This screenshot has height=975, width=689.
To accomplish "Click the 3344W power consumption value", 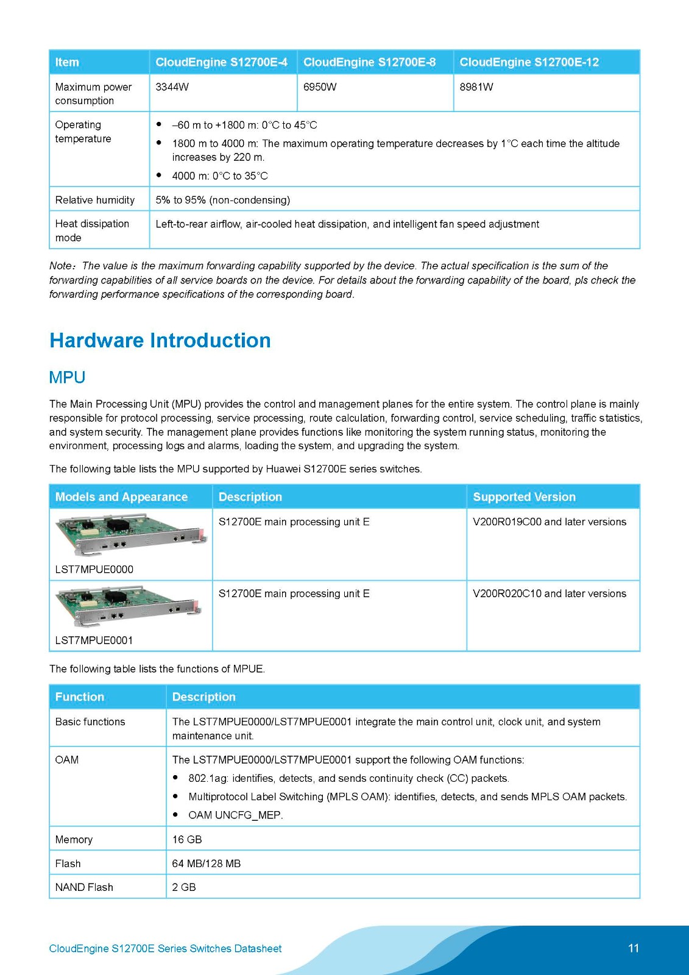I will [x=172, y=87].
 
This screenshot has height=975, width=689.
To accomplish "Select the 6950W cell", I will [x=319, y=87].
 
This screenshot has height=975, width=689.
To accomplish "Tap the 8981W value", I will [x=476, y=87].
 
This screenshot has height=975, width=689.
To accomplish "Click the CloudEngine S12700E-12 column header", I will [x=529, y=62].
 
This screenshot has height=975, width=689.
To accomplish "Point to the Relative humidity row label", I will [x=94, y=200].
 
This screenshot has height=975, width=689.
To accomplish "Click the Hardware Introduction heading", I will [x=160, y=340].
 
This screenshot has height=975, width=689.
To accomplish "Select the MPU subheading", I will [x=67, y=377].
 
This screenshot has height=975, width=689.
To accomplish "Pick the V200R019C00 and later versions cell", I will [x=549, y=522].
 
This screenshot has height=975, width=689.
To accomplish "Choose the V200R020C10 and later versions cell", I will [x=549, y=594].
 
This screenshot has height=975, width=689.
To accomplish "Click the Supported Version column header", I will [x=524, y=497].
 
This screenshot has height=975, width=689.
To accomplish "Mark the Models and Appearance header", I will [x=121, y=497].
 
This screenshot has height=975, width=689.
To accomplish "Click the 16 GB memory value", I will [x=186, y=839].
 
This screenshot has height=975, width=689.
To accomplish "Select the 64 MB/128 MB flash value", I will [x=206, y=863].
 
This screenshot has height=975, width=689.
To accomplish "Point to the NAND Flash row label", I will [x=84, y=887].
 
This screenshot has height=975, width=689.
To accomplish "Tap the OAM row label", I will [x=67, y=760].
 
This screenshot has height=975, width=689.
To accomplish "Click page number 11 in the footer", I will [x=634, y=948].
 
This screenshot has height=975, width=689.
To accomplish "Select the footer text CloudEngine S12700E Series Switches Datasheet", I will [x=165, y=949].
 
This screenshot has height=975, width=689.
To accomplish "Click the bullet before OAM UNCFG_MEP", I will [x=175, y=814].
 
